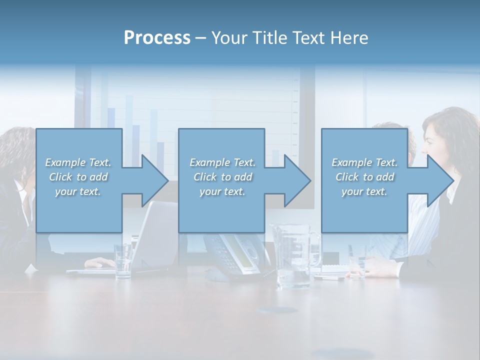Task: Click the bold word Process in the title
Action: coord(157,38)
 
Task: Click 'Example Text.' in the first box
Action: coord(78,162)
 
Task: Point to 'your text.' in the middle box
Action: coord(222,192)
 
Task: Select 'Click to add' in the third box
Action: coord(364,177)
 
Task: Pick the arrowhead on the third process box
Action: coord(439,180)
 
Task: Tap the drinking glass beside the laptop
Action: coord(123,261)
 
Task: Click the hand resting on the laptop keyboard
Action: coord(100,263)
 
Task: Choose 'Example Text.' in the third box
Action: coord(364,162)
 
